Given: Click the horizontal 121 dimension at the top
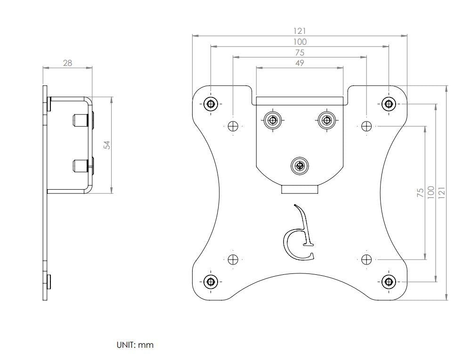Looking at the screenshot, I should [x=300, y=31].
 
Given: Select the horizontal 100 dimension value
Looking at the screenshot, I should [x=300, y=42].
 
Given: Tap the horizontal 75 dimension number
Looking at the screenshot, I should [x=300, y=53].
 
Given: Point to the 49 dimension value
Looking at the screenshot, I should [x=300, y=63].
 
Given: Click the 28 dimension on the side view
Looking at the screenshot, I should [x=68, y=63].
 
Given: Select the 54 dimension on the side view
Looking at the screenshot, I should [x=107, y=145].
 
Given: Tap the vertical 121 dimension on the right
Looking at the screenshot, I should [x=442, y=192].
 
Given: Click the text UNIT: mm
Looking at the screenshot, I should [x=135, y=345].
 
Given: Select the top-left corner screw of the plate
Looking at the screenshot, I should [x=211, y=104].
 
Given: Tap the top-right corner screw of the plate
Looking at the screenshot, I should [x=389, y=104].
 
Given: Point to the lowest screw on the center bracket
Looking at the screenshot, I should [x=299, y=166].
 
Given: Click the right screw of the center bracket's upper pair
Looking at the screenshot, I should [x=325, y=120].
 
